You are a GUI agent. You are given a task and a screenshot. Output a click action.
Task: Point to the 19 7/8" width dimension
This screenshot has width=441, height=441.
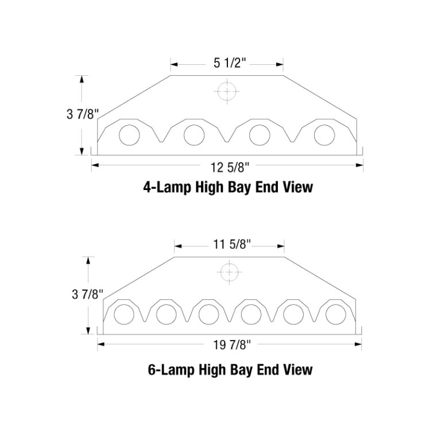click(x=229, y=345)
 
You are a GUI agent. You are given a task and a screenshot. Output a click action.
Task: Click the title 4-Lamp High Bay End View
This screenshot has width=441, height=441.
click(x=228, y=187)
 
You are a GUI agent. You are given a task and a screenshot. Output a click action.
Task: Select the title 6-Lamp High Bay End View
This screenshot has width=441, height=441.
click(x=230, y=369)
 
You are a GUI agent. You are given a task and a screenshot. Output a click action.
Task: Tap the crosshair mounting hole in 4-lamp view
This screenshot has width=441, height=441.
click(x=227, y=91)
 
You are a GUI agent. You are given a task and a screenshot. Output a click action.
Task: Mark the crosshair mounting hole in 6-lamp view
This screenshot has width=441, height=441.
click(x=229, y=272)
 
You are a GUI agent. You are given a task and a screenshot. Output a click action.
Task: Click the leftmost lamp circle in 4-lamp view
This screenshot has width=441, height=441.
click(x=129, y=135)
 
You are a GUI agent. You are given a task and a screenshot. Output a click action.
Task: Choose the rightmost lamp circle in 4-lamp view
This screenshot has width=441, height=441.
click(x=324, y=135)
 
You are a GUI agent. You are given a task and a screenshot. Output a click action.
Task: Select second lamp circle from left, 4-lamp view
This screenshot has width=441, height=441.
click(x=194, y=135)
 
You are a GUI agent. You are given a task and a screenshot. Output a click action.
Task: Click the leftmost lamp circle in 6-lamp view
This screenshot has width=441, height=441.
click(x=123, y=314)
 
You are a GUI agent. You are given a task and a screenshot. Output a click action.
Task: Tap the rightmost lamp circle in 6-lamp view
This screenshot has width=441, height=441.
click(x=335, y=314)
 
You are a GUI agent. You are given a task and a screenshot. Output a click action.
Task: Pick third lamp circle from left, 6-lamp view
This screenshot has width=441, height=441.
click(x=208, y=314)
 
